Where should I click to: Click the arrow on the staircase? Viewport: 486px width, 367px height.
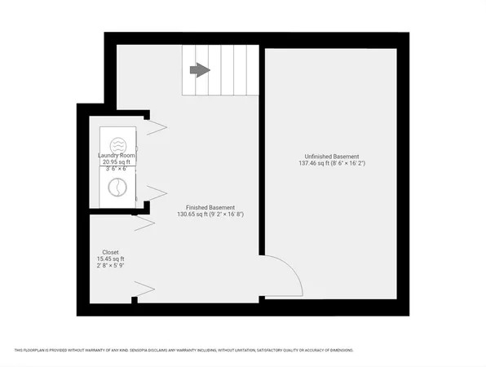pyautogui.click(x=200, y=70)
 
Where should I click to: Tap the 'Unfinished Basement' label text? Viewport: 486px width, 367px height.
pyautogui.click(x=332, y=157)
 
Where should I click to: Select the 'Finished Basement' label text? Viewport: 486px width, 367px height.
pyautogui.click(x=210, y=207)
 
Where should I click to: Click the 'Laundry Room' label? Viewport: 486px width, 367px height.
pyautogui.click(x=117, y=155)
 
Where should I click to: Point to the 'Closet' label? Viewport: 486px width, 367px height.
pyautogui.click(x=111, y=252)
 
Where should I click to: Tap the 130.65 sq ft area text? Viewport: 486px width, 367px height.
pyautogui.click(x=192, y=214)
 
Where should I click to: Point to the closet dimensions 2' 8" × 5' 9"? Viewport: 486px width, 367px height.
pyautogui.click(x=111, y=265)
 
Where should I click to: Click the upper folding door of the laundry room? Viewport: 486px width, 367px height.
pyautogui.click(x=156, y=126)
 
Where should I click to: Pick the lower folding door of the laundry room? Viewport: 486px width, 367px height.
pyautogui.click(x=156, y=194)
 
